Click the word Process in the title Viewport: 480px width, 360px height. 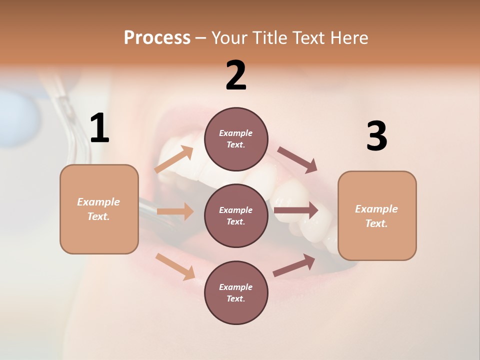click(157, 37)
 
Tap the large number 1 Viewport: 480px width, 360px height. click(99, 128)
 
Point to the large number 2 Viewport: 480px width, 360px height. click(236, 75)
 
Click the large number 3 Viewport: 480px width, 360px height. click(376, 136)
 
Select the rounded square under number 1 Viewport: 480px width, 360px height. click(99, 209)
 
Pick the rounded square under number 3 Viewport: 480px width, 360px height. click(377, 215)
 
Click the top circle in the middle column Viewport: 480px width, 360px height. click(236, 138)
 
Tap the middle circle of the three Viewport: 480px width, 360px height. click(236, 215)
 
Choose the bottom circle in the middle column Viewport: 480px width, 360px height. click(236, 292)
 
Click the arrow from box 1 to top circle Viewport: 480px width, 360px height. click(174, 159)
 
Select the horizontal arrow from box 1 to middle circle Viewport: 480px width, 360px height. click(175, 211)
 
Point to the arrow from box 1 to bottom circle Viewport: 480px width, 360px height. click(175, 266)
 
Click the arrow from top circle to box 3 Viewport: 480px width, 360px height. click(297, 160)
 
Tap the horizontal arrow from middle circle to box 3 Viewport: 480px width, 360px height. click(296, 210)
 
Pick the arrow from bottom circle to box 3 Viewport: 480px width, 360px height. click(294, 265)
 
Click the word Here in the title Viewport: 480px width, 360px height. click(348, 37)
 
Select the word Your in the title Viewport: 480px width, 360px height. click(229, 37)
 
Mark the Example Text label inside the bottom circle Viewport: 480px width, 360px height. click(236, 292)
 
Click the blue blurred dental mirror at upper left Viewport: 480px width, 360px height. click(20, 117)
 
